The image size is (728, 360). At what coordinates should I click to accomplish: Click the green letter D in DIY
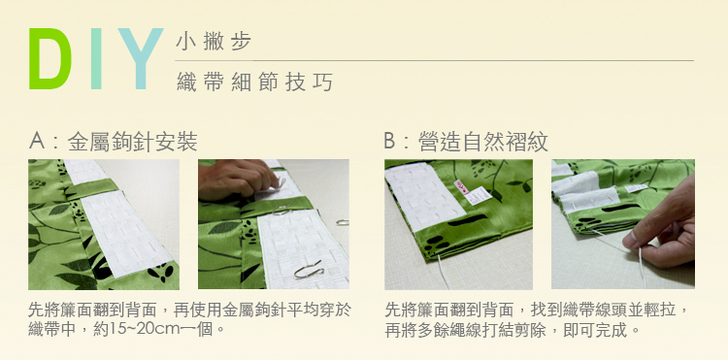coord(50,59)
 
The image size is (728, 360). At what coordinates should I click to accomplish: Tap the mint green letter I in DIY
coord(96,59)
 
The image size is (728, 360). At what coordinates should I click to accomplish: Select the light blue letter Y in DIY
coord(140,59)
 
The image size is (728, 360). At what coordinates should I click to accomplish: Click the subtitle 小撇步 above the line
coord(214,42)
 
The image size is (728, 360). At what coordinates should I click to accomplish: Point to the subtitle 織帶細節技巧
coord(255,82)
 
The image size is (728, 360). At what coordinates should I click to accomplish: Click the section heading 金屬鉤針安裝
coord(132,141)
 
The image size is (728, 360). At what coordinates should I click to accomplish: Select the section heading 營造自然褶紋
coord(482,141)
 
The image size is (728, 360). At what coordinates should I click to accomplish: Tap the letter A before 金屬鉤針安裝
coord(37,141)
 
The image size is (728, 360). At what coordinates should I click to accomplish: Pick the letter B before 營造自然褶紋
coord(390,141)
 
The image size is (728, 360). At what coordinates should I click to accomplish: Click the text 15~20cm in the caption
coord(139,329)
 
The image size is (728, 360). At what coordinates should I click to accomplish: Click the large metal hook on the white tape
coord(309,270)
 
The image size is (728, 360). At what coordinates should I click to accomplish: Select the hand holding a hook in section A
coord(236,179)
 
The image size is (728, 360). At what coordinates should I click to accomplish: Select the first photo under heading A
coord(104,224)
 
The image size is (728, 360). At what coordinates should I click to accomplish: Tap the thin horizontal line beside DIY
coord(434,60)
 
